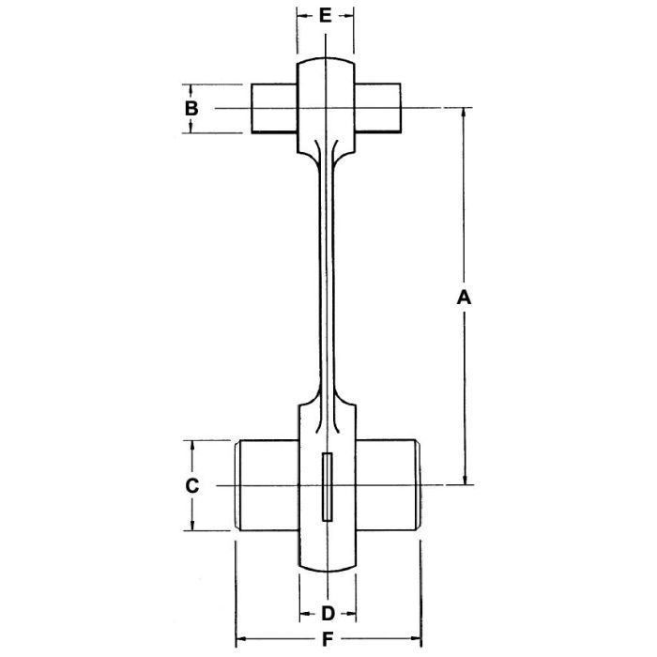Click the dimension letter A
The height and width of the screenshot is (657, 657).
tap(462, 298)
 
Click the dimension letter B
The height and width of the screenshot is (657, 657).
tap(191, 108)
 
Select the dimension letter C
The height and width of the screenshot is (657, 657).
tap(191, 485)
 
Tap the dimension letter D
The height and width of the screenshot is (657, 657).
tap(328, 615)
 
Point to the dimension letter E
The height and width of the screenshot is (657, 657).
tap(326, 16)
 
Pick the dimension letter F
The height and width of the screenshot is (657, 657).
tap(327, 641)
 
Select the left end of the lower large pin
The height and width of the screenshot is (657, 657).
tap(237, 485)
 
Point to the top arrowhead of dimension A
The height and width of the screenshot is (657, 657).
tap(462, 114)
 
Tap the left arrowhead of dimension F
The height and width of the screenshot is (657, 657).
tap(239, 641)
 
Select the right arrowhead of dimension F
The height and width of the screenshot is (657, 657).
tap(414, 641)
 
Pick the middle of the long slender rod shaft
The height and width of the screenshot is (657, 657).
tap(326, 282)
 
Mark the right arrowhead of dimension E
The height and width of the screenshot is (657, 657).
tap(350, 16)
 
